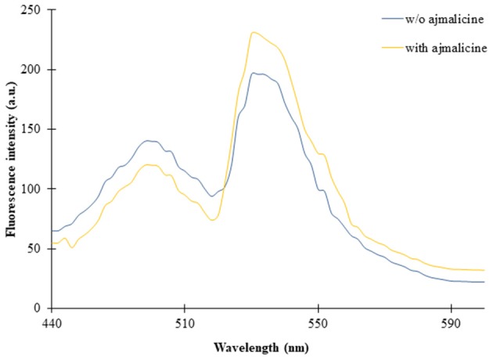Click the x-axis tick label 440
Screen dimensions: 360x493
tap(51, 321)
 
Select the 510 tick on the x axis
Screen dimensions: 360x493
tap(184, 321)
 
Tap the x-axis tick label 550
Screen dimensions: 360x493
tap(318, 321)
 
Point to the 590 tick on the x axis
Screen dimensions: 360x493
tap(451, 321)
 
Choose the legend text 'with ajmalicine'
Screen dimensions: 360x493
tap(445, 49)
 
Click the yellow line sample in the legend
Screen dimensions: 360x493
tap(388, 49)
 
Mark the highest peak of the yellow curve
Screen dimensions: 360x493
tap(253, 32)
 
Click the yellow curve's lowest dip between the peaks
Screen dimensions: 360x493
tap(212, 220)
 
